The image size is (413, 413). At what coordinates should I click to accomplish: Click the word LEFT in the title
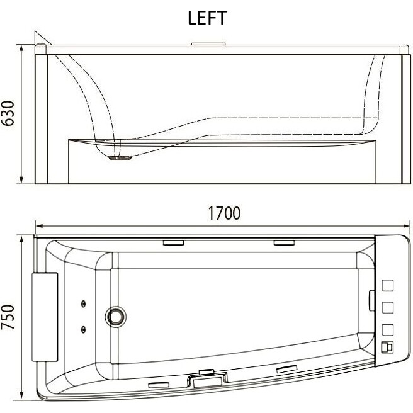click(x=207, y=18)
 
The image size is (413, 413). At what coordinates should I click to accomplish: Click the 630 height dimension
click(x=8, y=113)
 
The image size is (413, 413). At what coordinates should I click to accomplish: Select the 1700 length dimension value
click(x=224, y=213)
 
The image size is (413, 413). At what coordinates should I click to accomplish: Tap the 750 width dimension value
click(x=8, y=317)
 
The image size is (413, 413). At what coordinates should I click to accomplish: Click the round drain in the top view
click(x=115, y=317)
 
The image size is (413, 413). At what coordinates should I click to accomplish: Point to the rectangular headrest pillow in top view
click(x=45, y=317)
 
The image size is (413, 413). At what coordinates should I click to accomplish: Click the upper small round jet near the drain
click(x=83, y=304)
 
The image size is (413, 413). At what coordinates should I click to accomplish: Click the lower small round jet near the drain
click(x=83, y=329)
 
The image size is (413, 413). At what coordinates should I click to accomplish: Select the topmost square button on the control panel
click(x=387, y=286)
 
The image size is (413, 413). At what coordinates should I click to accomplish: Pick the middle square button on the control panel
click(x=387, y=308)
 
